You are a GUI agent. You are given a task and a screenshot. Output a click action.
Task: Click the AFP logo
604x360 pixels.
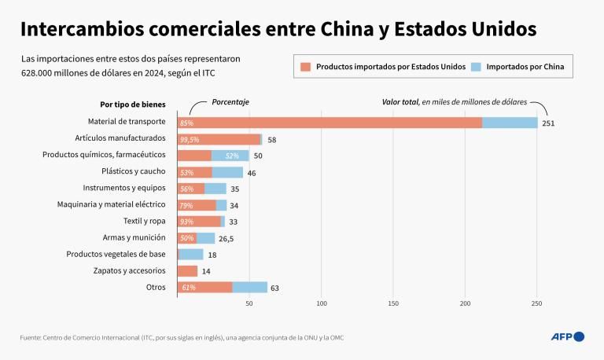[x=567, y=336]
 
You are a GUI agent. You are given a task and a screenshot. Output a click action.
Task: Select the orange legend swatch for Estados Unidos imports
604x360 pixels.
[x=306, y=67]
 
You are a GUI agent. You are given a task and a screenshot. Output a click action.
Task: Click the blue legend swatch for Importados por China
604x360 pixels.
[x=476, y=67]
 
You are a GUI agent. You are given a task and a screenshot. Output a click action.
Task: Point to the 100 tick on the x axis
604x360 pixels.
[x=322, y=303]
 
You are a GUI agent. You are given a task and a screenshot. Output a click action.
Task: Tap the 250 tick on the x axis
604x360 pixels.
[x=537, y=303]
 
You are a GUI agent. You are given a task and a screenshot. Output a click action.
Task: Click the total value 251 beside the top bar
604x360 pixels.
[x=549, y=123]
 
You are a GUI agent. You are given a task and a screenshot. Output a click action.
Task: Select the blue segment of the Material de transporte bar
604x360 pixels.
[x=510, y=123]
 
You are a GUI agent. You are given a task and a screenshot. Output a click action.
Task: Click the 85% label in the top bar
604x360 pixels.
[x=186, y=123]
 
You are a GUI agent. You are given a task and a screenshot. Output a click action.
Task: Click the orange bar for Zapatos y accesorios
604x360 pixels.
[x=187, y=271]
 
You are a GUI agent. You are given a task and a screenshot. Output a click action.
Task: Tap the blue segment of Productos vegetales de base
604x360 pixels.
[x=192, y=255]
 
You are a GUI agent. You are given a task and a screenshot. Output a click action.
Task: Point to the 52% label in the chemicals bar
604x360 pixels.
[x=232, y=156]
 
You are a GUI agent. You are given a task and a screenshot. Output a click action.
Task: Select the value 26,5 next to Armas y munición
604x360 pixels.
[x=226, y=238]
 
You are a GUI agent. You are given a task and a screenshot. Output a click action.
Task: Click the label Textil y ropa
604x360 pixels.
[x=145, y=222]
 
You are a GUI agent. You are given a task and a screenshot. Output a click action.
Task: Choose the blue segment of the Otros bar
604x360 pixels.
[x=250, y=288]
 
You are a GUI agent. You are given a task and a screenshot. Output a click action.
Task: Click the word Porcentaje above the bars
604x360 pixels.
[x=231, y=102]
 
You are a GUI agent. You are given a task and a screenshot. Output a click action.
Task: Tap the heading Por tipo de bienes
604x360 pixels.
[x=132, y=104]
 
